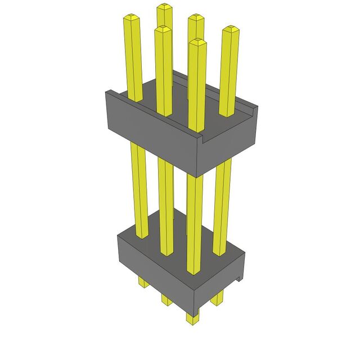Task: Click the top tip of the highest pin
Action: [x=164, y=6]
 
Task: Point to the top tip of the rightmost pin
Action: [x=229, y=29]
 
